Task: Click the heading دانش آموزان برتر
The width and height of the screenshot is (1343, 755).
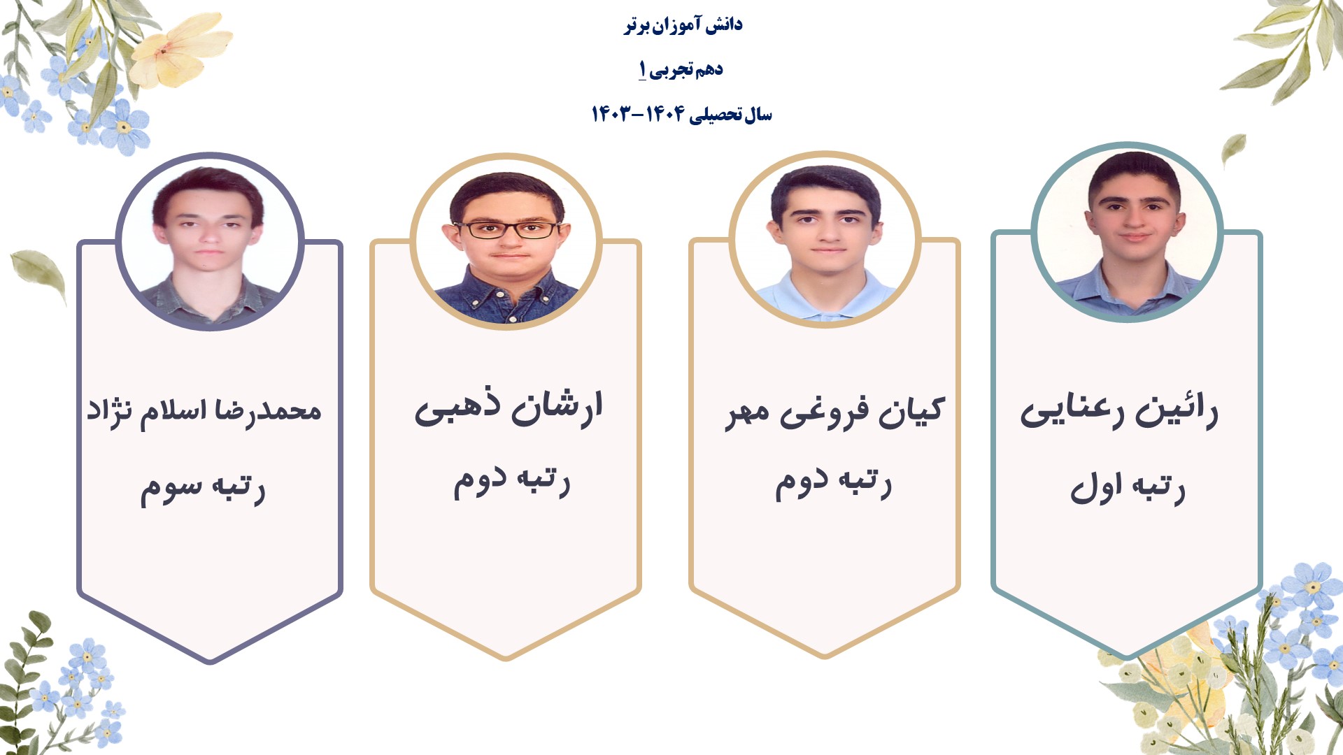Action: click(683, 26)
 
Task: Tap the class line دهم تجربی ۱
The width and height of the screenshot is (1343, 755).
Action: click(681, 70)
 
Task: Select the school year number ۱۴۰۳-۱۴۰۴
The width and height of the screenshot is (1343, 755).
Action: click(637, 114)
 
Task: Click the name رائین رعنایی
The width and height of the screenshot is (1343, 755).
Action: click(1119, 411)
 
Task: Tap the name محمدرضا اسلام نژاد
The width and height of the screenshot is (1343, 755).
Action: click(204, 412)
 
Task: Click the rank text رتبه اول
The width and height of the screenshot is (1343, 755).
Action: click(1128, 487)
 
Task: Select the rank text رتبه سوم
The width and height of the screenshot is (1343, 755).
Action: click(203, 489)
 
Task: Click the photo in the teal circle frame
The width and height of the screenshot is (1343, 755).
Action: click(1127, 231)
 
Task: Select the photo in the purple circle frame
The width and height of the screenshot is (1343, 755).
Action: click(210, 242)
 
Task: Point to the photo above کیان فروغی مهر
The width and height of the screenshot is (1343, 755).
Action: click(825, 239)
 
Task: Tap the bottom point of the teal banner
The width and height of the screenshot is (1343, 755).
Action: click(1127, 657)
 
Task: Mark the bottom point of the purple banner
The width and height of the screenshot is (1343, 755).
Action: click(210, 661)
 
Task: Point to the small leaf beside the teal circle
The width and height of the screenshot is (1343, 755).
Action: click(1234, 150)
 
